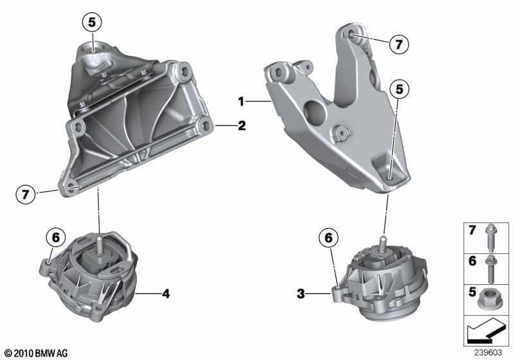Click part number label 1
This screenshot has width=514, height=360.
point(242,102)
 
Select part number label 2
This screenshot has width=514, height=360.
point(242,125)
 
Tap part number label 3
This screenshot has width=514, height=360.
point(301,294)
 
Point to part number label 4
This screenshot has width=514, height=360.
point(166,294)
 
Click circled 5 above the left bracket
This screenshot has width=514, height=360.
point(92,22)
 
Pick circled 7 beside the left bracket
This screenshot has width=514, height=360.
point(26,194)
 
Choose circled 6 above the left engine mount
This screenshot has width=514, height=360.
point(56,237)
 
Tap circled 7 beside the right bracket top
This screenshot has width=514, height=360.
point(399,44)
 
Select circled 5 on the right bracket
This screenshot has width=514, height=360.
point(399,89)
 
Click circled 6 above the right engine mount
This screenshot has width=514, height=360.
point(328,238)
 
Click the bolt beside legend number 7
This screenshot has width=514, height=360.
point(491,238)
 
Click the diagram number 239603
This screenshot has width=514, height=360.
point(488,352)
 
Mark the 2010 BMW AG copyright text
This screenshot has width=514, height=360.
point(37,353)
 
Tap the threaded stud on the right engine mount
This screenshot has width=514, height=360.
point(382,244)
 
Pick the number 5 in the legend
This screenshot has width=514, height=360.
point(472,291)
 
